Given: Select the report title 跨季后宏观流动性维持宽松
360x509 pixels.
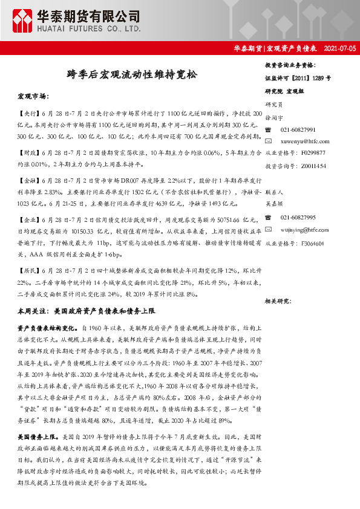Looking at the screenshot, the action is (x=131, y=75).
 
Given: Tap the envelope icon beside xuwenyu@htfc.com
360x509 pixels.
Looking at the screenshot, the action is (x=269, y=141).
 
